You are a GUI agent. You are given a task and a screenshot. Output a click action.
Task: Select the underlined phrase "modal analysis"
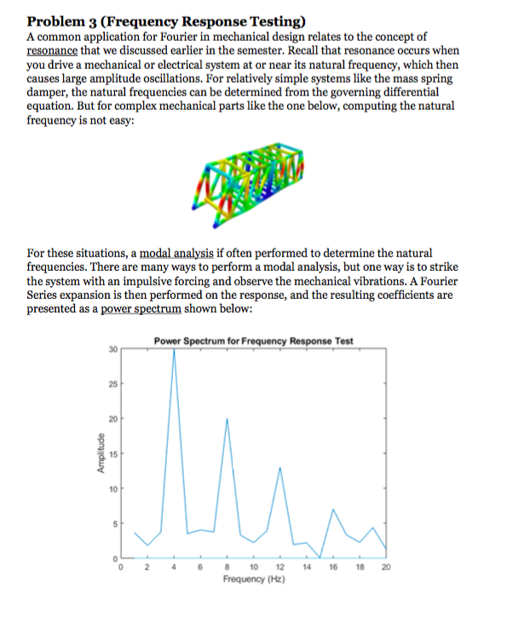[179, 254]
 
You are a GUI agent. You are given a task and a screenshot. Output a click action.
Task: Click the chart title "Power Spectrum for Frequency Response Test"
[254, 341]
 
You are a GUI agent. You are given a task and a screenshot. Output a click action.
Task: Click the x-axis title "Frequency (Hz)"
[254, 579]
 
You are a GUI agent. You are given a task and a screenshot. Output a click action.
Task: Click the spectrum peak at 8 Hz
[228, 419]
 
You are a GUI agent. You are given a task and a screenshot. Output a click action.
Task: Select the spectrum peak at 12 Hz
[280, 471]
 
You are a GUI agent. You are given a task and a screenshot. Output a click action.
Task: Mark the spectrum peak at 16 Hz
[333, 509]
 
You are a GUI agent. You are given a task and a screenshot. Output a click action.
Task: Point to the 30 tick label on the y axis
[112, 349]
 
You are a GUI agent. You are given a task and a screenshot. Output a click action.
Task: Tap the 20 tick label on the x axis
[386, 566]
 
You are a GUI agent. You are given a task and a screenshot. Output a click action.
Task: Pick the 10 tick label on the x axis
[254, 566]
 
